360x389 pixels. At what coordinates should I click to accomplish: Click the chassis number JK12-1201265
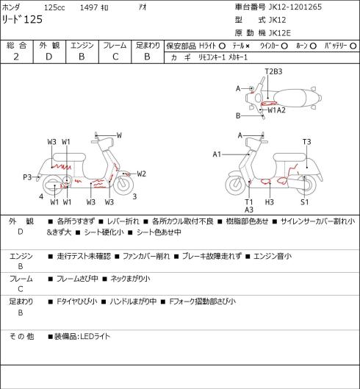click(x=295, y=7)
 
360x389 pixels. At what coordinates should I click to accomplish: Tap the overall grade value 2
click(x=16, y=57)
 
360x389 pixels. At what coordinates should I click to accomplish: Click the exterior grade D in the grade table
click(x=48, y=57)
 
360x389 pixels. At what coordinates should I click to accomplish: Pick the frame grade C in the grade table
click(x=115, y=57)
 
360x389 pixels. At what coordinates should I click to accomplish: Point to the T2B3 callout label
click(x=274, y=71)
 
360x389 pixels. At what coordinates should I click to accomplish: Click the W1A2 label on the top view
click(x=276, y=110)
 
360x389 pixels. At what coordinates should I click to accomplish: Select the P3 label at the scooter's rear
click(x=27, y=177)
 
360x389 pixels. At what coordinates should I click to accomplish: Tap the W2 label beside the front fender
click(x=141, y=174)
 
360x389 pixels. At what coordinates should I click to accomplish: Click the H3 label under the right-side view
click(x=269, y=202)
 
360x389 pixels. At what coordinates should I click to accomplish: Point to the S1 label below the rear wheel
click(x=304, y=202)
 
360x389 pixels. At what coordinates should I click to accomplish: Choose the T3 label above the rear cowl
click(x=306, y=142)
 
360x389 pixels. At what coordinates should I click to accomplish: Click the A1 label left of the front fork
click(x=217, y=154)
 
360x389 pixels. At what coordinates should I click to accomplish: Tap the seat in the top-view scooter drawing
click(x=292, y=98)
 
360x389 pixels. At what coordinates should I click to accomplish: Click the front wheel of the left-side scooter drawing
click(x=123, y=185)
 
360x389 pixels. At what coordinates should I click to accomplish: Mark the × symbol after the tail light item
click(x=248, y=46)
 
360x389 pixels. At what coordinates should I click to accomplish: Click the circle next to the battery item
click(x=353, y=46)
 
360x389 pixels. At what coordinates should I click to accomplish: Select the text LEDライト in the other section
click(x=96, y=337)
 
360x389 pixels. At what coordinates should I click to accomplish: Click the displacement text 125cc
click(x=54, y=7)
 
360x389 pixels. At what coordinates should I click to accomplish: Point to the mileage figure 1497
click(x=89, y=7)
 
